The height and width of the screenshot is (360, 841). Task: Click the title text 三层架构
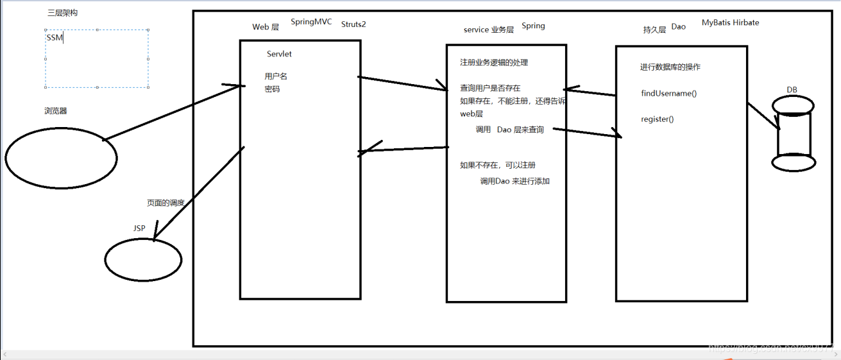pyautogui.click(x=63, y=13)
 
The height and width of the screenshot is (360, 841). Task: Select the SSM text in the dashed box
pyautogui.click(x=54, y=38)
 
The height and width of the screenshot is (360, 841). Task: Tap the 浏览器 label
pyautogui.click(x=56, y=111)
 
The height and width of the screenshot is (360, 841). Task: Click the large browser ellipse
pyautogui.click(x=61, y=157)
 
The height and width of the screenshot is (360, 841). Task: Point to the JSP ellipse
pyautogui.click(x=143, y=260)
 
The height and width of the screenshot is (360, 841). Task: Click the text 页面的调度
pyautogui.click(x=166, y=203)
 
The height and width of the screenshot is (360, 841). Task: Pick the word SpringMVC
pyautogui.click(x=311, y=22)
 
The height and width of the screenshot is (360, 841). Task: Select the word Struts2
pyautogui.click(x=353, y=24)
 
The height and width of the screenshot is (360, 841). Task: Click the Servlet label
pyautogui.click(x=279, y=54)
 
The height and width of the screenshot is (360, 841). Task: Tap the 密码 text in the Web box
pyautogui.click(x=272, y=89)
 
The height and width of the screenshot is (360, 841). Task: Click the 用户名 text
pyautogui.click(x=276, y=76)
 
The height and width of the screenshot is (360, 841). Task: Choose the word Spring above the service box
pyautogui.click(x=533, y=26)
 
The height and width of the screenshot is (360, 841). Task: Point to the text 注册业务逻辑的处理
pyautogui.click(x=494, y=63)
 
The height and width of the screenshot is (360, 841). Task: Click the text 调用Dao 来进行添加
pyautogui.click(x=514, y=182)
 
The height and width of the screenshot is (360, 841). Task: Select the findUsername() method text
pyautogui.click(x=668, y=94)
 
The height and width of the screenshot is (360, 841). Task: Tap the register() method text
pyautogui.click(x=657, y=119)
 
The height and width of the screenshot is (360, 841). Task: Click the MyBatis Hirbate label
pyautogui.click(x=730, y=22)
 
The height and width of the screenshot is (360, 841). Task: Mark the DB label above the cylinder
pyautogui.click(x=792, y=90)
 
